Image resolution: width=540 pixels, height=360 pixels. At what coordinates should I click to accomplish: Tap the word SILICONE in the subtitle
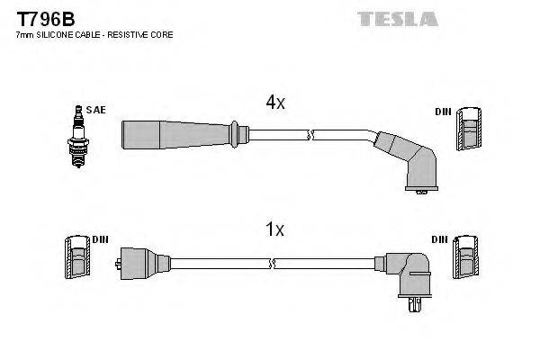click(57, 34)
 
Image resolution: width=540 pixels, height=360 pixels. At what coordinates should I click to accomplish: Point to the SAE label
click(97, 110)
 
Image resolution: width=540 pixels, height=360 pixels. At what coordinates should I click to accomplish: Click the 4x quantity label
click(274, 103)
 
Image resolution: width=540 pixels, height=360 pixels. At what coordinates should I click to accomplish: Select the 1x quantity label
click(274, 230)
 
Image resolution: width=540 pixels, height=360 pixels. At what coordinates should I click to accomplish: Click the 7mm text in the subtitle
click(24, 34)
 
